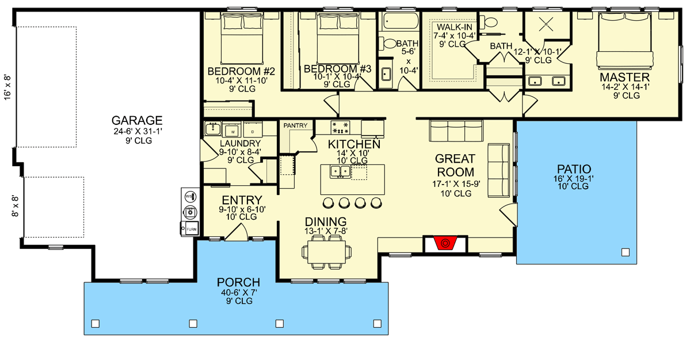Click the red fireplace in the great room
[444, 244]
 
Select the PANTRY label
[295, 125]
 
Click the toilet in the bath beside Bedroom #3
[390, 43]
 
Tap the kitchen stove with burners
[340, 127]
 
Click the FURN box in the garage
[190, 229]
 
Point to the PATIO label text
[573, 169]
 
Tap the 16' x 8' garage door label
[7, 86]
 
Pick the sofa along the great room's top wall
[456, 131]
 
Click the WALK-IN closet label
[455, 28]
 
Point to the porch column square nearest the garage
[96, 323]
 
